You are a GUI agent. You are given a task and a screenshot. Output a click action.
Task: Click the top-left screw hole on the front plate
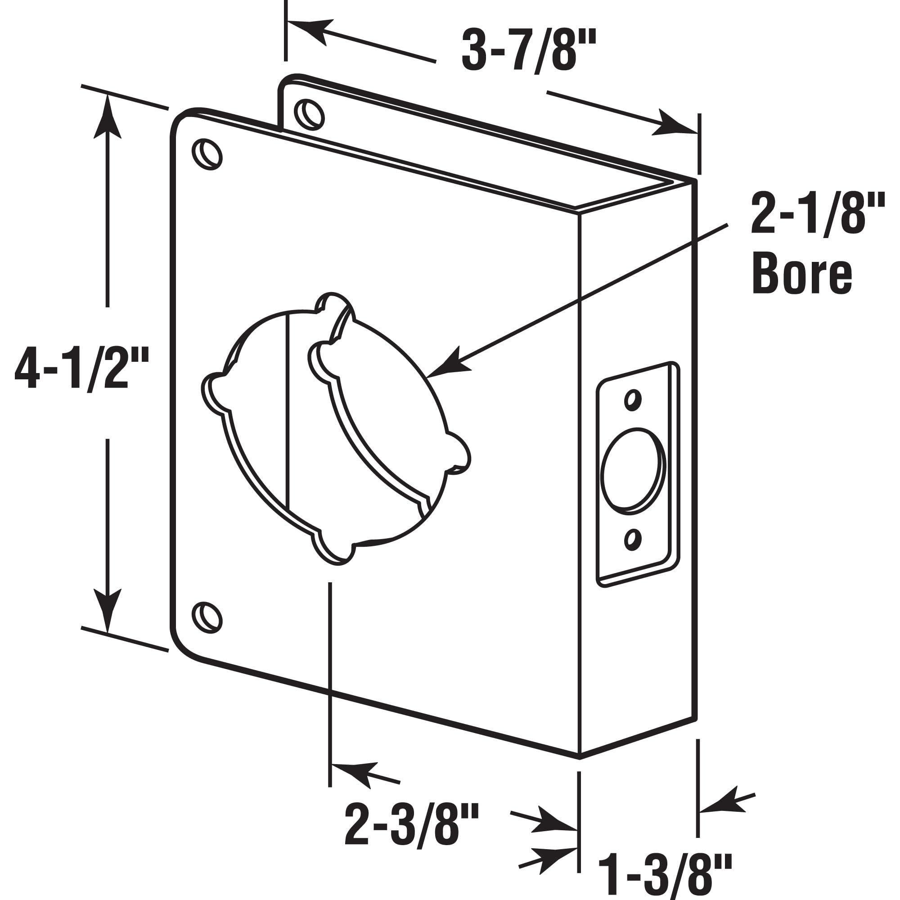pyautogui.click(x=207, y=154)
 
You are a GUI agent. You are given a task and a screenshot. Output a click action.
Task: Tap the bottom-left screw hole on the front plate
pyautogui.click(x=207, y=618)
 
